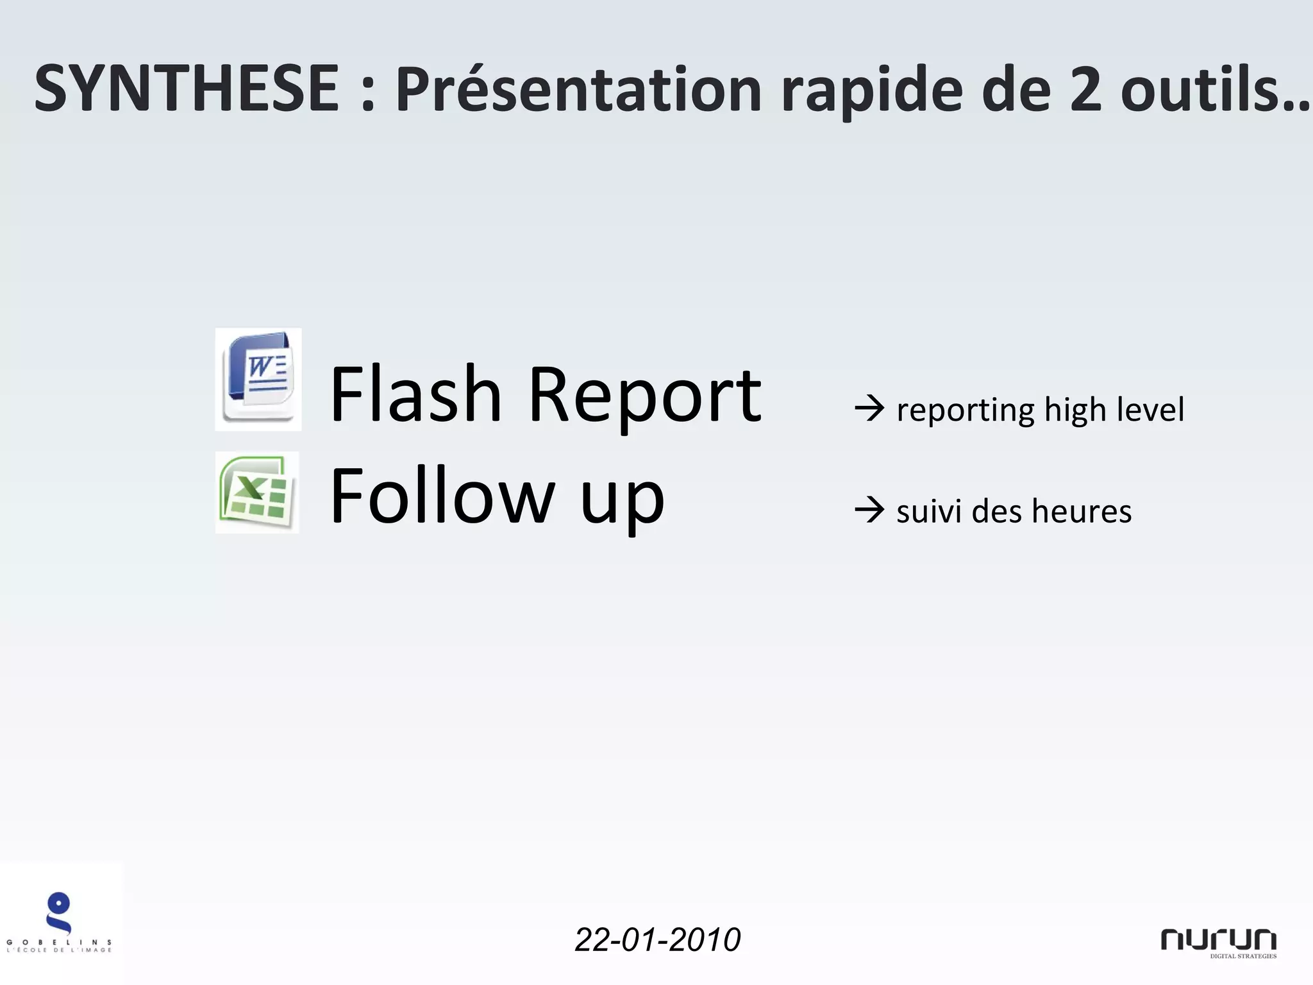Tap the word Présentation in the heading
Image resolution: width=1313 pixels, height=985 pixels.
577,90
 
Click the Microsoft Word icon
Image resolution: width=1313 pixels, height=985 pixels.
258,379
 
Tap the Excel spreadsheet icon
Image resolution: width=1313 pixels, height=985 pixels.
257,492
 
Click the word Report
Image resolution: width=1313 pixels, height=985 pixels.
644,396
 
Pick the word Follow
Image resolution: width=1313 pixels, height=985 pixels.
442,495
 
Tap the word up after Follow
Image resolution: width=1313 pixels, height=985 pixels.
622,500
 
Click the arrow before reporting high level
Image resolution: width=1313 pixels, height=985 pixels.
869,409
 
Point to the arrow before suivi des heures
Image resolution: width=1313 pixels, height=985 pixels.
869,511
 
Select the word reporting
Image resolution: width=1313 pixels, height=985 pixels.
965,411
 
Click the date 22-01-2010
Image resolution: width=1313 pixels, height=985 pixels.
658,939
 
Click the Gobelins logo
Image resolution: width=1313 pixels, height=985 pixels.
60,923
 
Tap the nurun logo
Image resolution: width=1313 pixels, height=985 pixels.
1218,941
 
